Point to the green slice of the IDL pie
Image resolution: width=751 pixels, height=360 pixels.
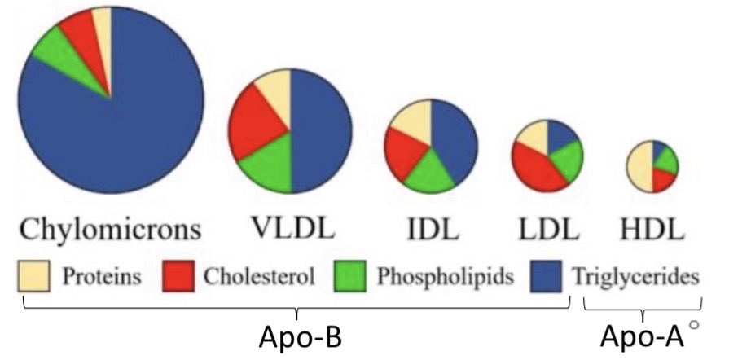point(430,173)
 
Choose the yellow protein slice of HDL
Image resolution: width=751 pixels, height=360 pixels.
point(639,167)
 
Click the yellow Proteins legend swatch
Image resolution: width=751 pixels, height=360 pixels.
point(34,277)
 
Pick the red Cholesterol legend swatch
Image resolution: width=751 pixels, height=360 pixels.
point(180,277)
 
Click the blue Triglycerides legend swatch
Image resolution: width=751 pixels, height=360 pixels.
point(544,277)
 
